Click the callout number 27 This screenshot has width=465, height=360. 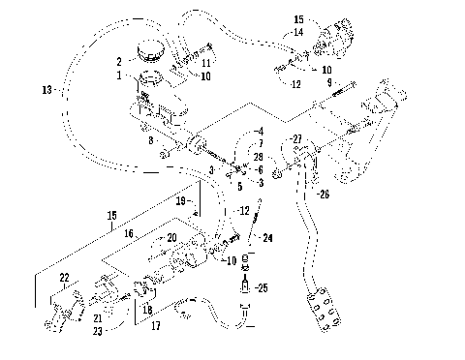297,139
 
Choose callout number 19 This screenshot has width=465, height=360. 181,201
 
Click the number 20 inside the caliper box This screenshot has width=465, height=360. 171,236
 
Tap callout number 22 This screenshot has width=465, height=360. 65,277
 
